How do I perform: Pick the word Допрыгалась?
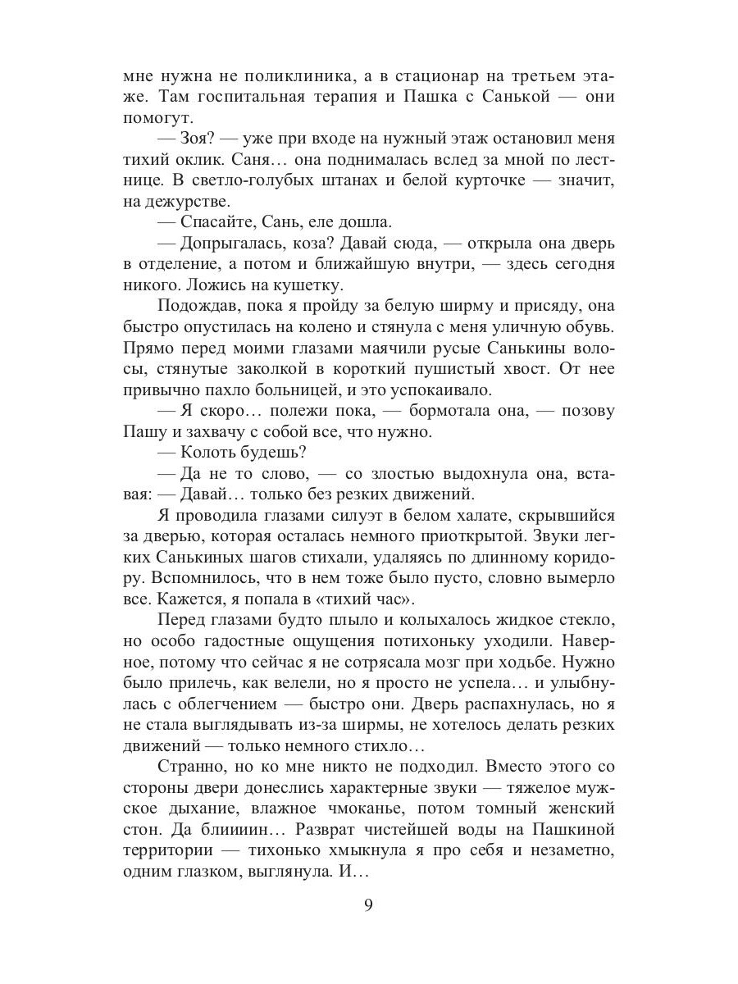pyautogui.click(x=232, y=244)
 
